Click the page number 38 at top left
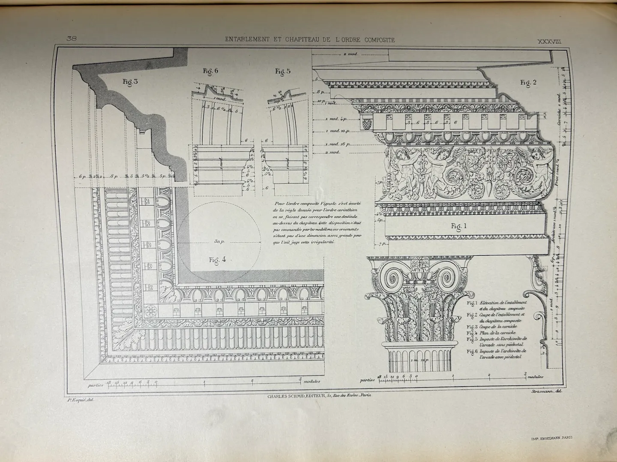click(x=72, y=38)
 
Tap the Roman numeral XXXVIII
click(x=550, y=41)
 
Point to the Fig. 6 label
click(x=211, y=71)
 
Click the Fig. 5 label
click(x=283, y=71)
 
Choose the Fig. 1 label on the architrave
click(x=458, y=226)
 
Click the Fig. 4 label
click(x=217, y=260)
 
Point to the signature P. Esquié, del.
click(x=81, y=400)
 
